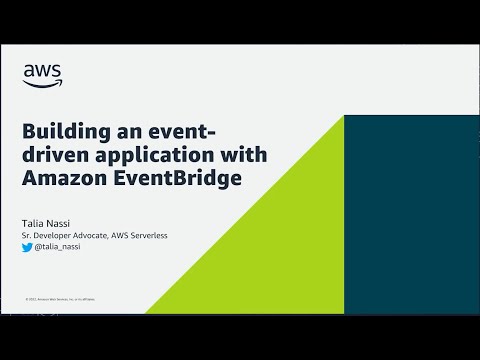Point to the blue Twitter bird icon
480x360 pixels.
click(27, 246)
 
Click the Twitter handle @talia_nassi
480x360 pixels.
click(56, 246)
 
